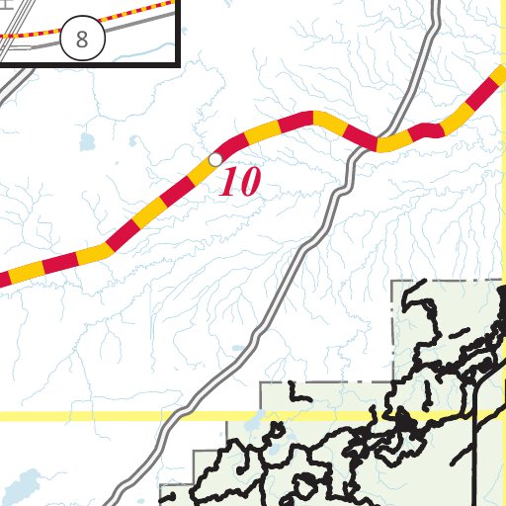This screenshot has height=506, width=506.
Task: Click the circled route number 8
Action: coord(81,41)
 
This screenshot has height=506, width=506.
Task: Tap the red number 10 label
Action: coord(239,182)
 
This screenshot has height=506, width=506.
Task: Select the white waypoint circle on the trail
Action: coord(214,159)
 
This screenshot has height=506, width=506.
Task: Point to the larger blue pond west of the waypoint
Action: coord(86,142)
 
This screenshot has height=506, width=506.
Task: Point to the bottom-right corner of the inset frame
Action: coord(178,62)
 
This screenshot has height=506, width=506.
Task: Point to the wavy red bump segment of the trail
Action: coord(426,129)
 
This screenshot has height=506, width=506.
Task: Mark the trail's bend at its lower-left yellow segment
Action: coord(103,248)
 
